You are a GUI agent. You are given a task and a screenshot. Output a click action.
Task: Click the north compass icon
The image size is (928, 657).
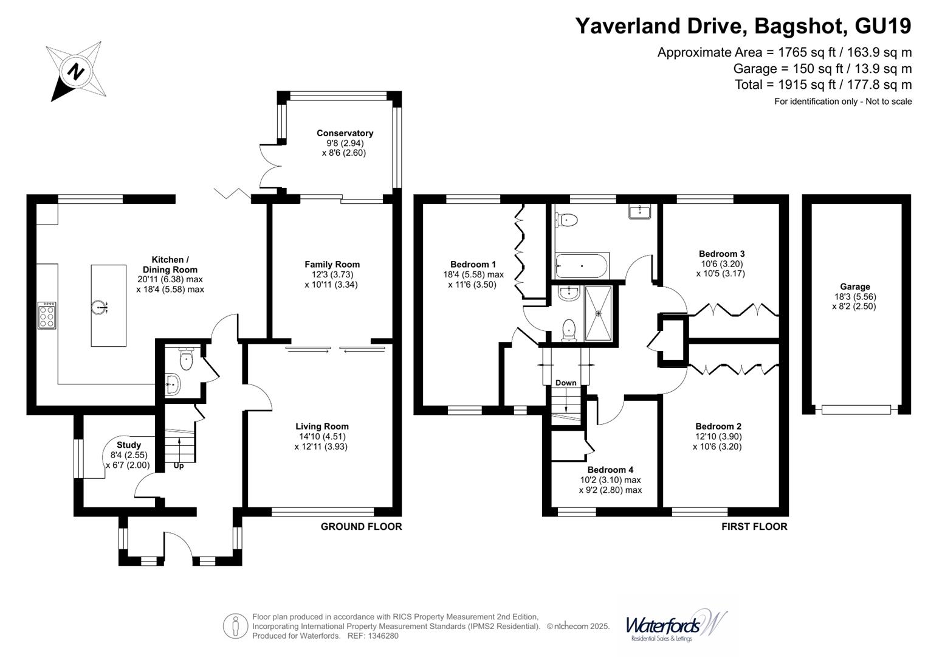click(x=76, y=72)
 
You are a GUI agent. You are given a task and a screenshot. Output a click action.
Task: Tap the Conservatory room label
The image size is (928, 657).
click(x=345, y=133)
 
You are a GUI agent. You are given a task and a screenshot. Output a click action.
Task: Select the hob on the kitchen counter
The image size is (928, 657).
click(x=47, y=315)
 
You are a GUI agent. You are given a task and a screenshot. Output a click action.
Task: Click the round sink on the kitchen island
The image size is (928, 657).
click(x=100, y=307)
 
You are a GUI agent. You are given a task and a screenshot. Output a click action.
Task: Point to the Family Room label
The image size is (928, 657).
click(x=332, y=265)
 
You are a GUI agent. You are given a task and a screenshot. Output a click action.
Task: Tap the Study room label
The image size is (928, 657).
click(x=129, y=445)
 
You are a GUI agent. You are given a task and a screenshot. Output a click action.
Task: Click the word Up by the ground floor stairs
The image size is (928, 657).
click(x=179, y=466)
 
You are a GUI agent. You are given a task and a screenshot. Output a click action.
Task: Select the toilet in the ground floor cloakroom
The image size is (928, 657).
click(x=186, y=359)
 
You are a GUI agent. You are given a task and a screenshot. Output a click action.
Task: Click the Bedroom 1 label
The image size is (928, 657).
click(x=473, y=265)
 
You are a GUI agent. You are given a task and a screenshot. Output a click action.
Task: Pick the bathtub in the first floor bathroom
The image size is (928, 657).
click(x=580, y=266)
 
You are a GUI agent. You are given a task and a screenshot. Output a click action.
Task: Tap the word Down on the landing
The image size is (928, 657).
click(x=566, y=383)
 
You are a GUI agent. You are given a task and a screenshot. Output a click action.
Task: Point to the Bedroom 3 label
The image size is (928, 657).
click(x=721, y=254)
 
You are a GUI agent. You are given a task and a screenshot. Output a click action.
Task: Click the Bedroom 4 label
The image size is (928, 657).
click(x=610, y=470)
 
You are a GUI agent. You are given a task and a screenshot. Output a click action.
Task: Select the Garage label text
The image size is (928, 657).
click(x=855, y=287)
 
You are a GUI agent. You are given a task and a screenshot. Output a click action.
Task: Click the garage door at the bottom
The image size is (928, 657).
click(x=856, y=409)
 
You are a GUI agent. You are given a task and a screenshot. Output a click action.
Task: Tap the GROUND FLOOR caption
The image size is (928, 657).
click(x=361, y=526)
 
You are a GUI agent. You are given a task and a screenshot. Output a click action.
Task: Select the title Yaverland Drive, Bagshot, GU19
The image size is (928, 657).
click(x=743, y=26)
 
